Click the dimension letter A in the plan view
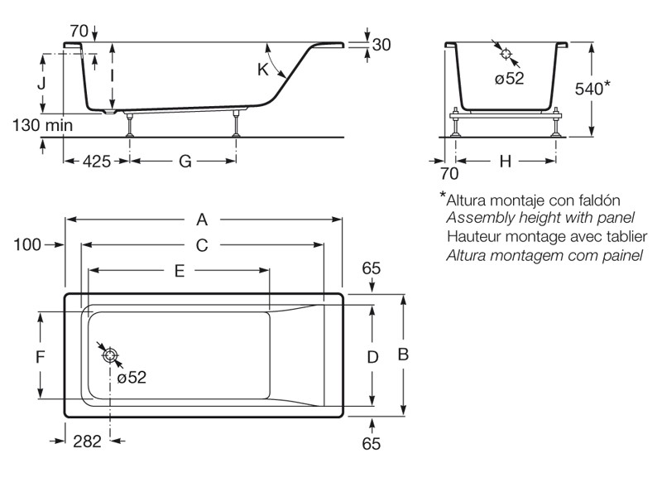tap(201, 220)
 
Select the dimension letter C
tap(201, 245)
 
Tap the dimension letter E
tap(179, 270)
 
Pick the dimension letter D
tap(372, 357)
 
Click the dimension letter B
tap(404, 355)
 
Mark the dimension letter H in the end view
tap(505, 162)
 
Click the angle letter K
tap(263, 70)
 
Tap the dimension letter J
tap(41, 84)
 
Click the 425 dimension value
tap(96, 162)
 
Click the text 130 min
tap(42, 125)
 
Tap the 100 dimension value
tap(27, 244)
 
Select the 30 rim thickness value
tap(381, 45)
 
